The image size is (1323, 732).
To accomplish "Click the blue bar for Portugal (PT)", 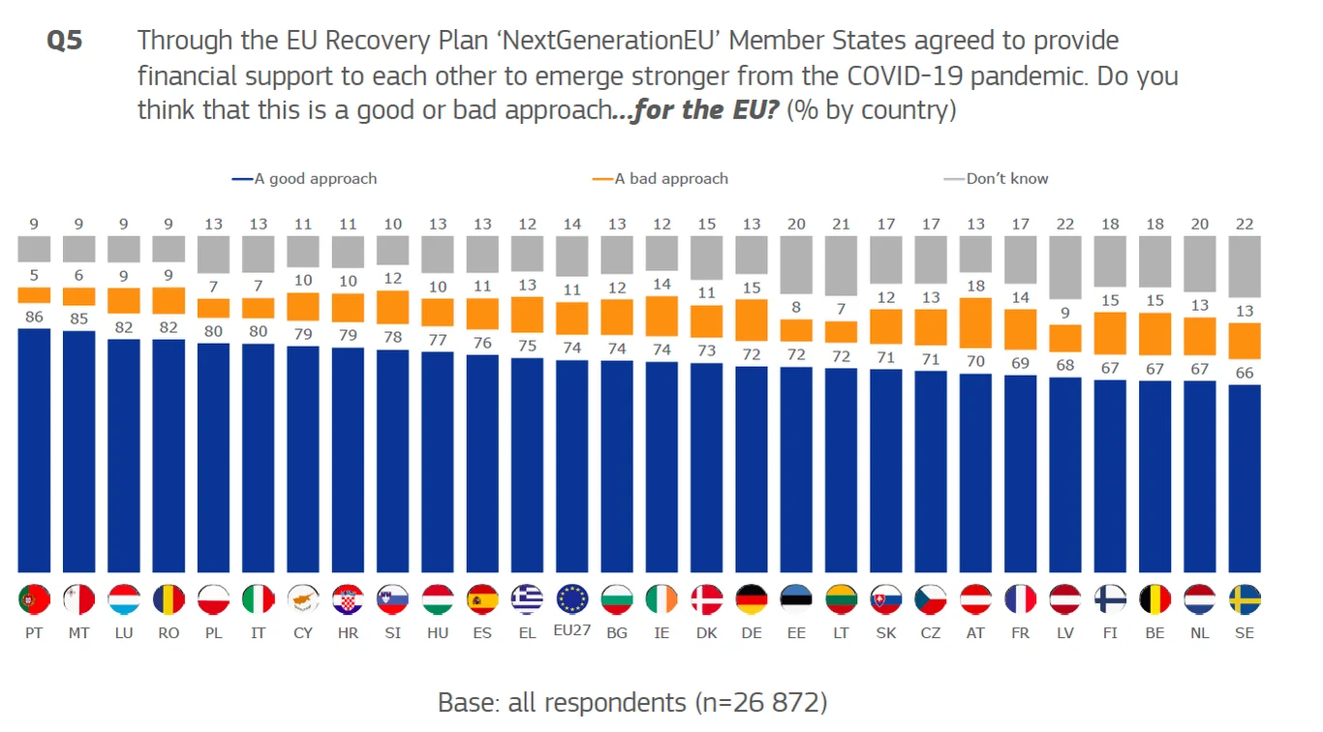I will tap(34, 450).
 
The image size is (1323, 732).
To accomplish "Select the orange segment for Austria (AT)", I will tap(975, 322).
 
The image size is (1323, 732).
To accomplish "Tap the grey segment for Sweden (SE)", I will tap(1245, 266).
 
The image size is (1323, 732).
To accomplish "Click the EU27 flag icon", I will tap(572, 599).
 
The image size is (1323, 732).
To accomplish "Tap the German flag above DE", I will tap(752, 599).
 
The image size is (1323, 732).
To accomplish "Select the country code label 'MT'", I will tap(78, 633).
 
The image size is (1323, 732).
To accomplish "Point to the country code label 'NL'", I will tap(1200, 633).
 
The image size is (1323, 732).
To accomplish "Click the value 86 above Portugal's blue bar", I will tap(34, 316).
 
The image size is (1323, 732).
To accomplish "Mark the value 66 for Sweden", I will tap(1245, 373).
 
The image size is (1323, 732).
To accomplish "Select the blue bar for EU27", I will tap(572, 466).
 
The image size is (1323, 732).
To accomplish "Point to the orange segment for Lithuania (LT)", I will tap(841, 332).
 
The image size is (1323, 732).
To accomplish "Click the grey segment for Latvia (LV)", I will tap(1065, 267).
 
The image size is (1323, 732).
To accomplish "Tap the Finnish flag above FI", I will tap(1110, 599).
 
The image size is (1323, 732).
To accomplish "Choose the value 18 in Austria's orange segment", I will tap(975, 287).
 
